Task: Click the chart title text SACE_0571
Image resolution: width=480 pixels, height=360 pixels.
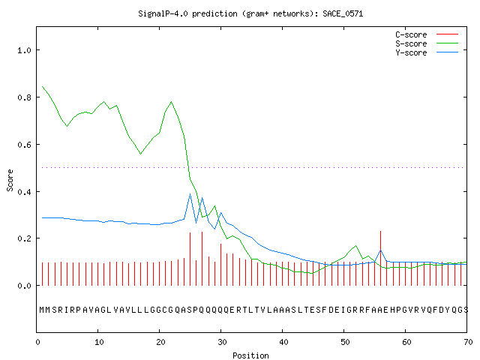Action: (343, 13)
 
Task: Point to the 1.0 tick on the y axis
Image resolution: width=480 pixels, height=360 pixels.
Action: (24, 50)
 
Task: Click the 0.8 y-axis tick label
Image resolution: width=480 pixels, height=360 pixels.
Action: (24, 97)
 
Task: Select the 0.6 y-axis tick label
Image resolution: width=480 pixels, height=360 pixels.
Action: (24, 145)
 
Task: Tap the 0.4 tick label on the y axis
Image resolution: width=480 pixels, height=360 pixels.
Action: (24, 192)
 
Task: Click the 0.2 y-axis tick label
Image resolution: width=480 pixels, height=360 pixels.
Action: (24, 238)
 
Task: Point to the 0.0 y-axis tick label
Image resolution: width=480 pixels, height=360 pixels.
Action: (24, 286)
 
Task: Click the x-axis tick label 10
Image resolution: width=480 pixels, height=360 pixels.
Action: (99, 342)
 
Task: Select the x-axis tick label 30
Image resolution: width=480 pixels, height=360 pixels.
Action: (222, 342)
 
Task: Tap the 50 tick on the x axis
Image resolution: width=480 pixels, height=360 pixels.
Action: (345, 342)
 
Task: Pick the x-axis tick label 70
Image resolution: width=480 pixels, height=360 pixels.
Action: (468, 342)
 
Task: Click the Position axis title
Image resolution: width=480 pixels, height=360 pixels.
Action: (250, 355)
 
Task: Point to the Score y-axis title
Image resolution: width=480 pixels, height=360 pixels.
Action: (10, 180)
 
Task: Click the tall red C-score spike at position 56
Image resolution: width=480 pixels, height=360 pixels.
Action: (380, 258)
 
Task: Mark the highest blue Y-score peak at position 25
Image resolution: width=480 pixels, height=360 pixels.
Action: (190, 194)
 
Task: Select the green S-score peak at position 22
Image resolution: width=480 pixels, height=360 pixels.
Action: (172, 102)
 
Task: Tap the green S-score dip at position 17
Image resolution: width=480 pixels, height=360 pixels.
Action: (140, 154)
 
